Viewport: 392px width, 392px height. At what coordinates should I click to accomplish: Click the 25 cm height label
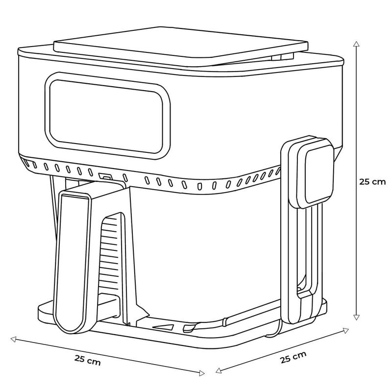[x=372, y=181]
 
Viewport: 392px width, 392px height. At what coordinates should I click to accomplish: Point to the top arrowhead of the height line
[x=356, y=43]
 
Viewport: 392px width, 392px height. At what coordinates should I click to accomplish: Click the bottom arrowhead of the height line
[x=356, y=318]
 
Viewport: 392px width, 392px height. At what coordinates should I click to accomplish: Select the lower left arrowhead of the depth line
[x=219, y=370]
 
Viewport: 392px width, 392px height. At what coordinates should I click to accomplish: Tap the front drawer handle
[x=73, y=255]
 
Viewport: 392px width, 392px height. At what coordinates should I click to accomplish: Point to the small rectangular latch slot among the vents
[x=105, y=176]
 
